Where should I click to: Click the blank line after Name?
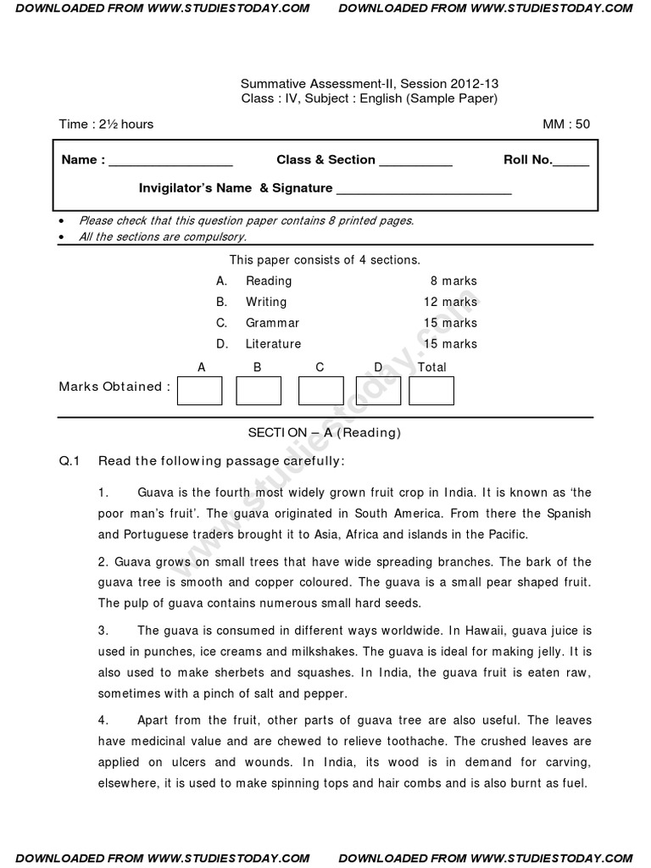click(x=170, y=163)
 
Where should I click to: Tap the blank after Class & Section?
click(x=415, y=163)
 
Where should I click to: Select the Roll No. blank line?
click(x=570, y=163)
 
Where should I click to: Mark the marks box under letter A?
click(x=200, y=391)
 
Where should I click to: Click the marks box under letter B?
click(x=258, y=391)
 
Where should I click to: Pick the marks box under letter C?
click(x=320, y=391)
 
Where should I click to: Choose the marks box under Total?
click(x=431, y=391)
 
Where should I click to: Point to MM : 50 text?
click(x=566, y=125)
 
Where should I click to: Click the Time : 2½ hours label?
click(x=106, y=125)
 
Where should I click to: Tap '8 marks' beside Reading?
click(x=453, y=281)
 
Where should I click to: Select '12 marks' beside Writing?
click(x=450, y=302)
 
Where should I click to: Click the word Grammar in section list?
click(x=272, y=323)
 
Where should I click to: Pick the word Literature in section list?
click(x=273, y=344)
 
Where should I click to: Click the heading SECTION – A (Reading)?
click(x=324, y=432)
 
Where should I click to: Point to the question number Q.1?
click(x=69, y=461)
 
